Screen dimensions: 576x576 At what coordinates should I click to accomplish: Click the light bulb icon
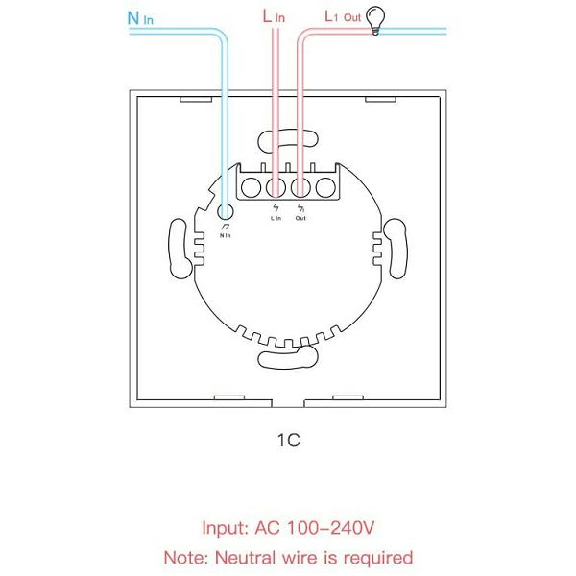tap(375, 20)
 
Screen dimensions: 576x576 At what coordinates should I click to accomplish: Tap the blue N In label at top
tap(140, 18)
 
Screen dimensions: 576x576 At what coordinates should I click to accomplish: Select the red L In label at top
tap(274, 16)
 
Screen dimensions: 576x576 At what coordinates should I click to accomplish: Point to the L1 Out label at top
tap(343, 16)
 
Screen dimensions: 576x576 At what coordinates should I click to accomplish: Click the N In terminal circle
tap(226, 212)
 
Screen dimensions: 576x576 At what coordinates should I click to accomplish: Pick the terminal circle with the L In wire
tap(276, 187)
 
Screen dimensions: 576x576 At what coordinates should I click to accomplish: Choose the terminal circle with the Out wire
tap(300, 187)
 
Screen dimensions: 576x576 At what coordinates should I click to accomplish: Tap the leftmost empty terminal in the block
tap(251, 187)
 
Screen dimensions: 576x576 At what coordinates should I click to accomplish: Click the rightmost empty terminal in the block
tap(325, 187)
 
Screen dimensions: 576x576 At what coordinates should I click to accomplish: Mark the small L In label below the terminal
tap(276, 218)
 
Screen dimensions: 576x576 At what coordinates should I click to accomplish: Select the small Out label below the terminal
tap(300, 218)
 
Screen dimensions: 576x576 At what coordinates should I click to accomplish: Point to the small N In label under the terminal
tap(226, 235)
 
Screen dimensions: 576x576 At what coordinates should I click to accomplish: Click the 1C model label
tap(289, 440)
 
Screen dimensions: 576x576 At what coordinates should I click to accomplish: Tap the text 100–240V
tap(330, 528)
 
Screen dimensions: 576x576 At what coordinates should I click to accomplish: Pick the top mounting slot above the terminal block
tap(288, 140)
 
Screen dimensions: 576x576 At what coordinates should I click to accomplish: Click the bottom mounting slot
tap(287, 357)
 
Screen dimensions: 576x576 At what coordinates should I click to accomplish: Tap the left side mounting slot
tap(180, 249)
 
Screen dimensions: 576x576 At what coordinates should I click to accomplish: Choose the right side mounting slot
tap(396, 249)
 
